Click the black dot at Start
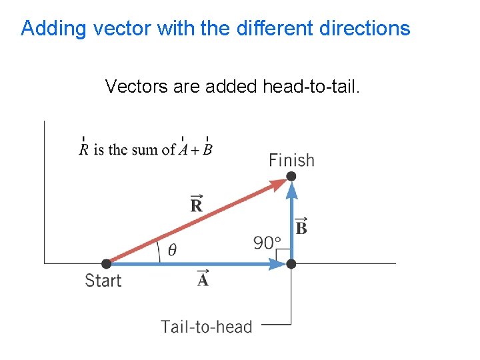(106, 264)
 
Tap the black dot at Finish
(291, 176)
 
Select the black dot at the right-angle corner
(291, 264)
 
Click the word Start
(103, 281)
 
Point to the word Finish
(291, 160)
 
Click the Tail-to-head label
(206, 327)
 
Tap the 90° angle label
(267, 243)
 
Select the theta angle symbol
(172, 251)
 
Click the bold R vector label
(196, 205)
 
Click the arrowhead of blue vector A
(278, 264)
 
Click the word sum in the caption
(149, 149)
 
